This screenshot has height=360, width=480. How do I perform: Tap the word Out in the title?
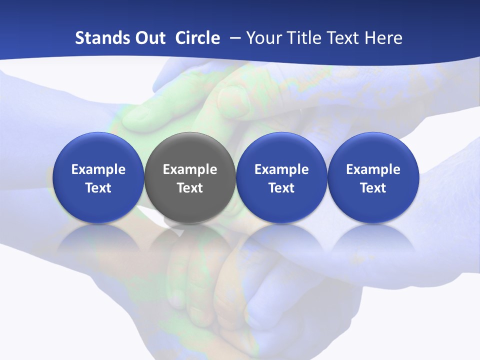point(149,38)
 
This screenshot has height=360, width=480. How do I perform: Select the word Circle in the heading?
point(197,38)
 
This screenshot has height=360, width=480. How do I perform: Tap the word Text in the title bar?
point(341,38)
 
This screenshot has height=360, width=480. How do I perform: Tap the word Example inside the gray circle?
point(189,169)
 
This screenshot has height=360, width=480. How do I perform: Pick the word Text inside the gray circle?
point(189,188)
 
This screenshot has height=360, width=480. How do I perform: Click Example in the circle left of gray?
point(98,169)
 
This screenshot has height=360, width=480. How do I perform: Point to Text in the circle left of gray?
point(98,188)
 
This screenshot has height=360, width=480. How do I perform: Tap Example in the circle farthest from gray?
point(373,169)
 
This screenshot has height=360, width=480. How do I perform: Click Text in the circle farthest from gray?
point(373,188)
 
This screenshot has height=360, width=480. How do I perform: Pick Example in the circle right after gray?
point(281,169)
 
